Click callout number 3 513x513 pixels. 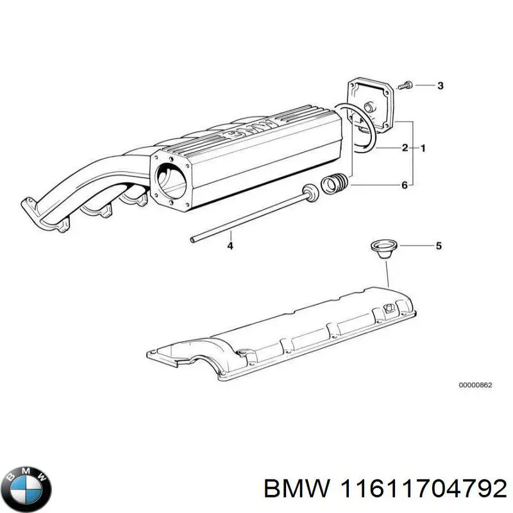(440, 86)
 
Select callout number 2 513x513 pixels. (405, 148)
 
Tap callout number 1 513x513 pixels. (423, 148)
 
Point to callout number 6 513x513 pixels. (404, 185)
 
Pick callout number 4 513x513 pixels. (230, 246)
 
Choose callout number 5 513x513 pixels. (439, 245)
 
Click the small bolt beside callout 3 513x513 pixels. (407, 85)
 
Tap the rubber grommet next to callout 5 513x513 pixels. (382, 248)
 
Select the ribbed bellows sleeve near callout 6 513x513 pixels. (335, 184)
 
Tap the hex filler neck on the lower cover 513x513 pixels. (389, 308)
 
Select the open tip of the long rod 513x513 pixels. (193, 240)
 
